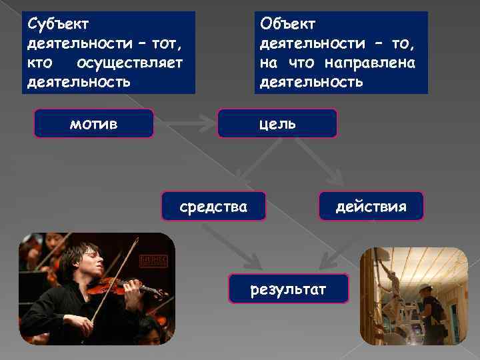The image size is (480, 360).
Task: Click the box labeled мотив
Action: (x=93, y=123)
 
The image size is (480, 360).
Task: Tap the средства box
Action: (x=213, y=206)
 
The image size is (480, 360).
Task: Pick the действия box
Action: (x=371, y=206)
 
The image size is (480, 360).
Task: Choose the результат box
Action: (x=288, y=289)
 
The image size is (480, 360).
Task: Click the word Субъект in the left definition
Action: (x=59, y=24)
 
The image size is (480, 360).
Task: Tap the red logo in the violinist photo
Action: (x=153, y=260)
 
